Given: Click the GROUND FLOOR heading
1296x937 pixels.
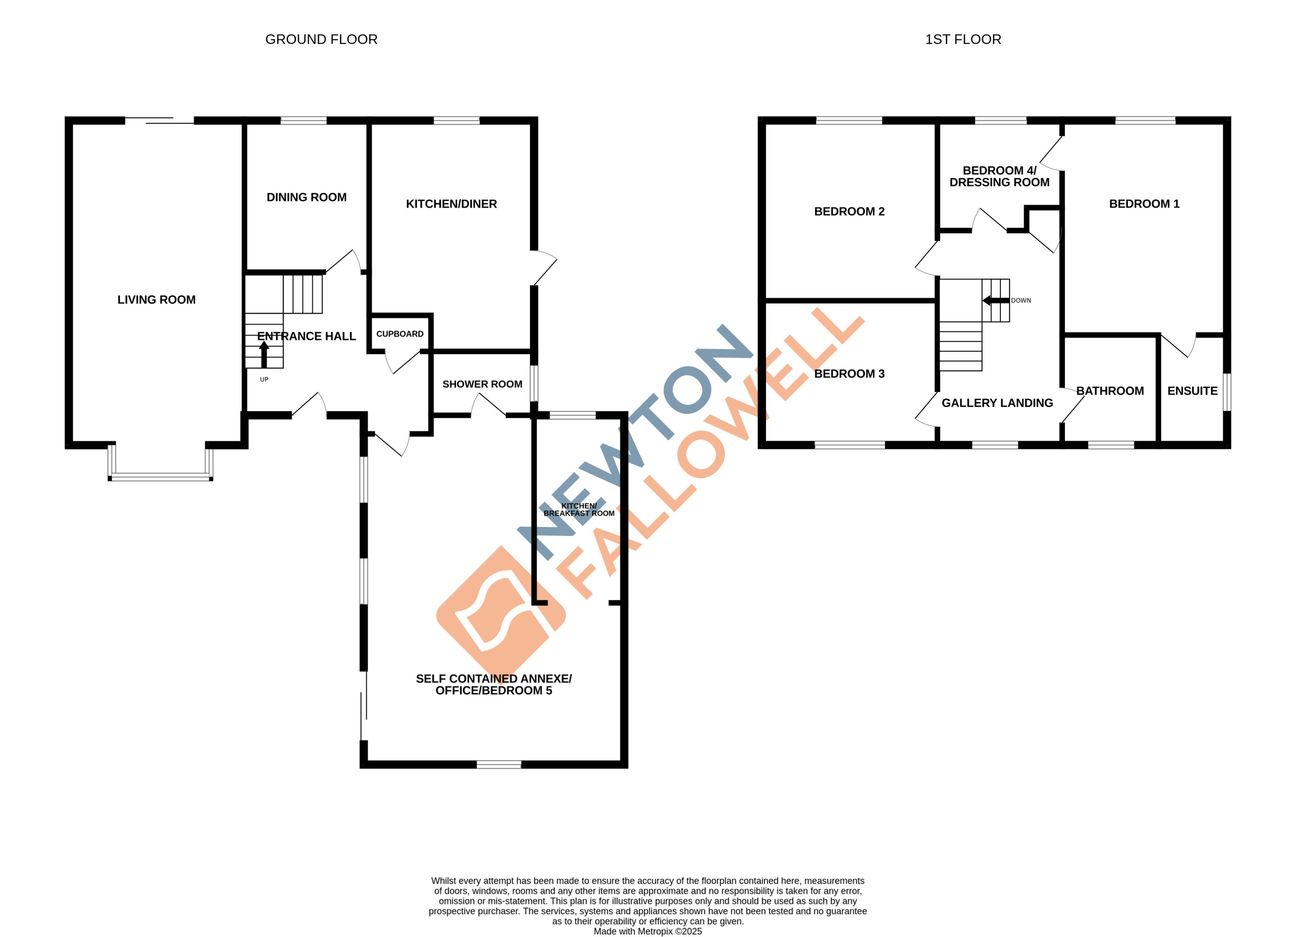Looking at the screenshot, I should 321,39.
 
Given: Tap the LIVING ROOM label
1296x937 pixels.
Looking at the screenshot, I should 157,300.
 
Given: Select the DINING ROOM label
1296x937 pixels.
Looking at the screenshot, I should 306,197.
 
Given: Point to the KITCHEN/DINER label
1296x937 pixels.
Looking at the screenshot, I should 451,204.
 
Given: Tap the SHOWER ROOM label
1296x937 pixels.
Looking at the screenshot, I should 482,384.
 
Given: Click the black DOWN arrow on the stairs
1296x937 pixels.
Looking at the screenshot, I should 996,300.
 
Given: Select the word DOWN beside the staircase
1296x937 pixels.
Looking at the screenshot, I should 1021,300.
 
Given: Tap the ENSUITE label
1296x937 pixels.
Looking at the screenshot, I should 1193,391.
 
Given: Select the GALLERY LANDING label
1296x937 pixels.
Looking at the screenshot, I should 997,403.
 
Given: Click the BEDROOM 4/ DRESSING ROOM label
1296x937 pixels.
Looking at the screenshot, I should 1000,177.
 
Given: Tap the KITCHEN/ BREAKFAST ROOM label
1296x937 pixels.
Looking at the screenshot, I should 579,510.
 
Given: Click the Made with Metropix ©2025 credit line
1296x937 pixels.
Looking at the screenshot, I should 647,931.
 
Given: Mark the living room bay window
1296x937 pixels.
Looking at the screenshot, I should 161,477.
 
